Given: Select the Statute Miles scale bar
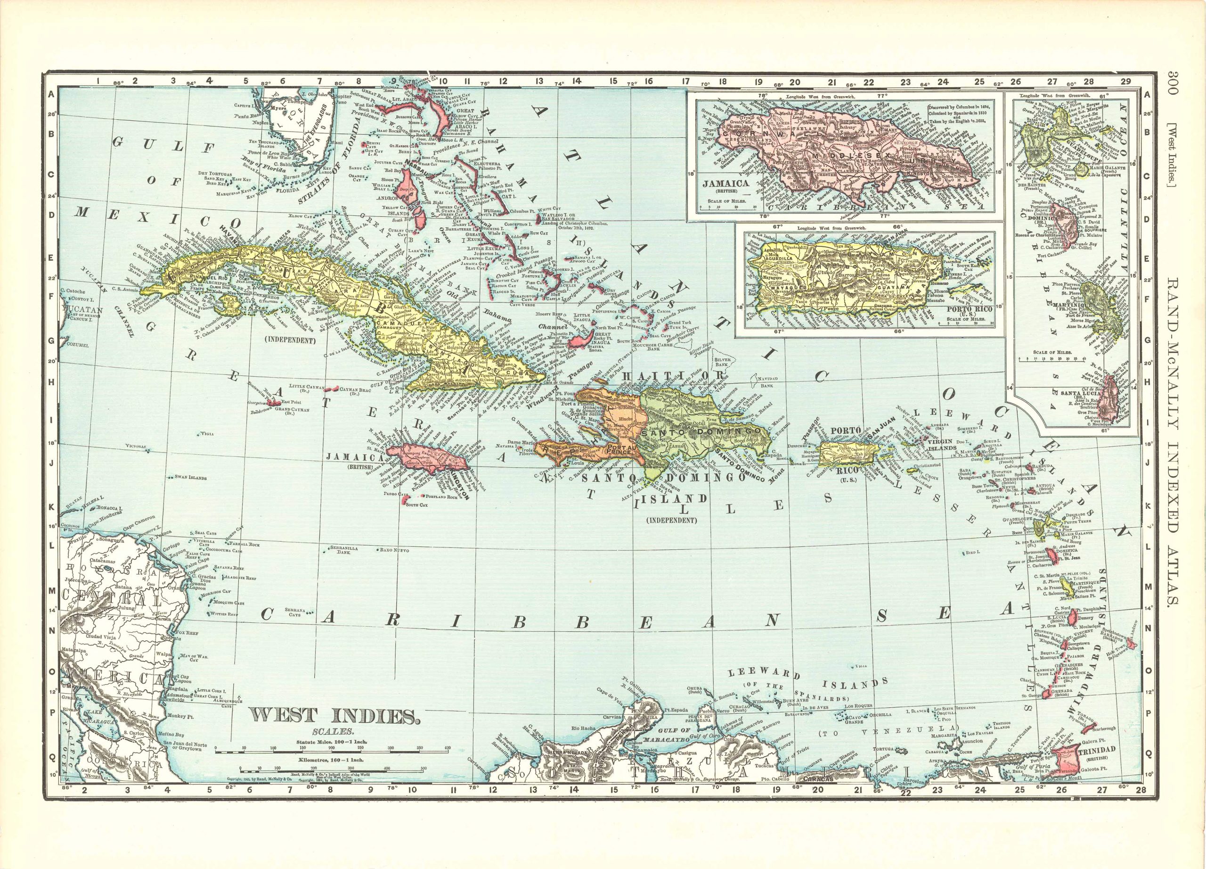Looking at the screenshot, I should pos(332,752).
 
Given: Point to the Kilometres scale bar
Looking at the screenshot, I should pos(332,770).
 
